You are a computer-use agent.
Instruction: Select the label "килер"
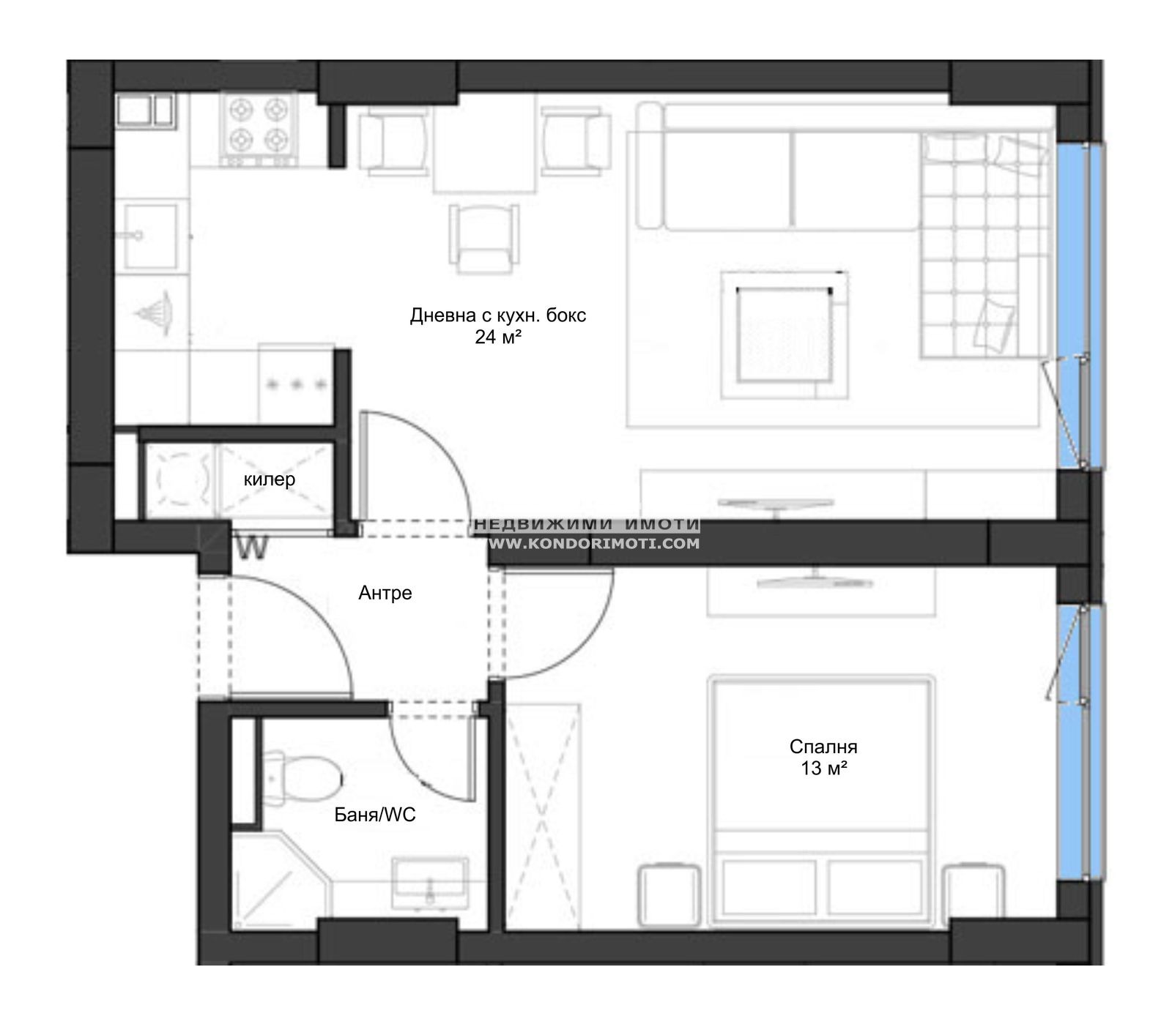(x=270, y=479)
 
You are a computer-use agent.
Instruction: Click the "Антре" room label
(x=385, y=593)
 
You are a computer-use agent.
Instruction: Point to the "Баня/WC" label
(x=375, y=814)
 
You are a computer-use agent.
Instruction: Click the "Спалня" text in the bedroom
(x=823, y=747)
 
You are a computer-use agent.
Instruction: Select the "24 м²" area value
(x=498, y=337)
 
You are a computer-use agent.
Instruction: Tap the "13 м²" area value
(x=824, y=768)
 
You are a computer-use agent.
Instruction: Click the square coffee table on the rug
(x=785, y=335)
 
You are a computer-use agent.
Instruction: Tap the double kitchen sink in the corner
(x=144, y=112)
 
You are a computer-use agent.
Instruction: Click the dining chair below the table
(x=483, y=238)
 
